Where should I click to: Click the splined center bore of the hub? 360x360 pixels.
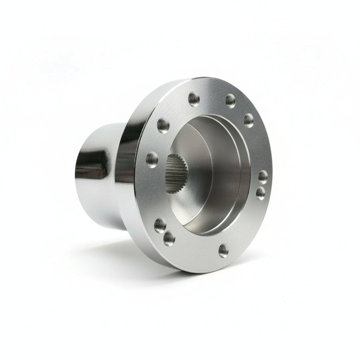(177, 173)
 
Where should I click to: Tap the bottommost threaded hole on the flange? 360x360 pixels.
(223, 250)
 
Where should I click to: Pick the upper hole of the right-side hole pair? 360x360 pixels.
(263, 177)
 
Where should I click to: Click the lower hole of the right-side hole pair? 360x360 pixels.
(261, 193)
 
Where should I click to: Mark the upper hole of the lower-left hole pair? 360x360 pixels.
(160, 224)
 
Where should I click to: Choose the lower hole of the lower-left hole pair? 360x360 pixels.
(169, 239)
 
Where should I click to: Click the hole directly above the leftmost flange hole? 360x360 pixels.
(163, 125)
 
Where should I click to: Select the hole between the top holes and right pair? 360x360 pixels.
(249, 121)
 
